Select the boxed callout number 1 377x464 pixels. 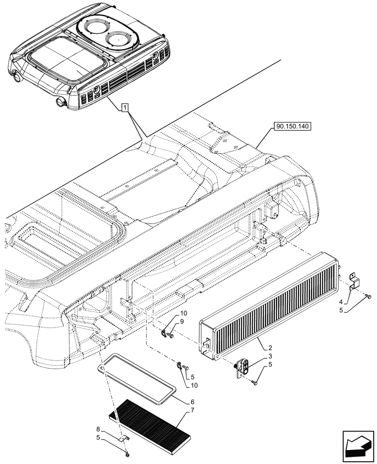124,108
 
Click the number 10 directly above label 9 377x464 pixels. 183,313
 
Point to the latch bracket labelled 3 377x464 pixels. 243,367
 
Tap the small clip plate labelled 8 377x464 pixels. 124,437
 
